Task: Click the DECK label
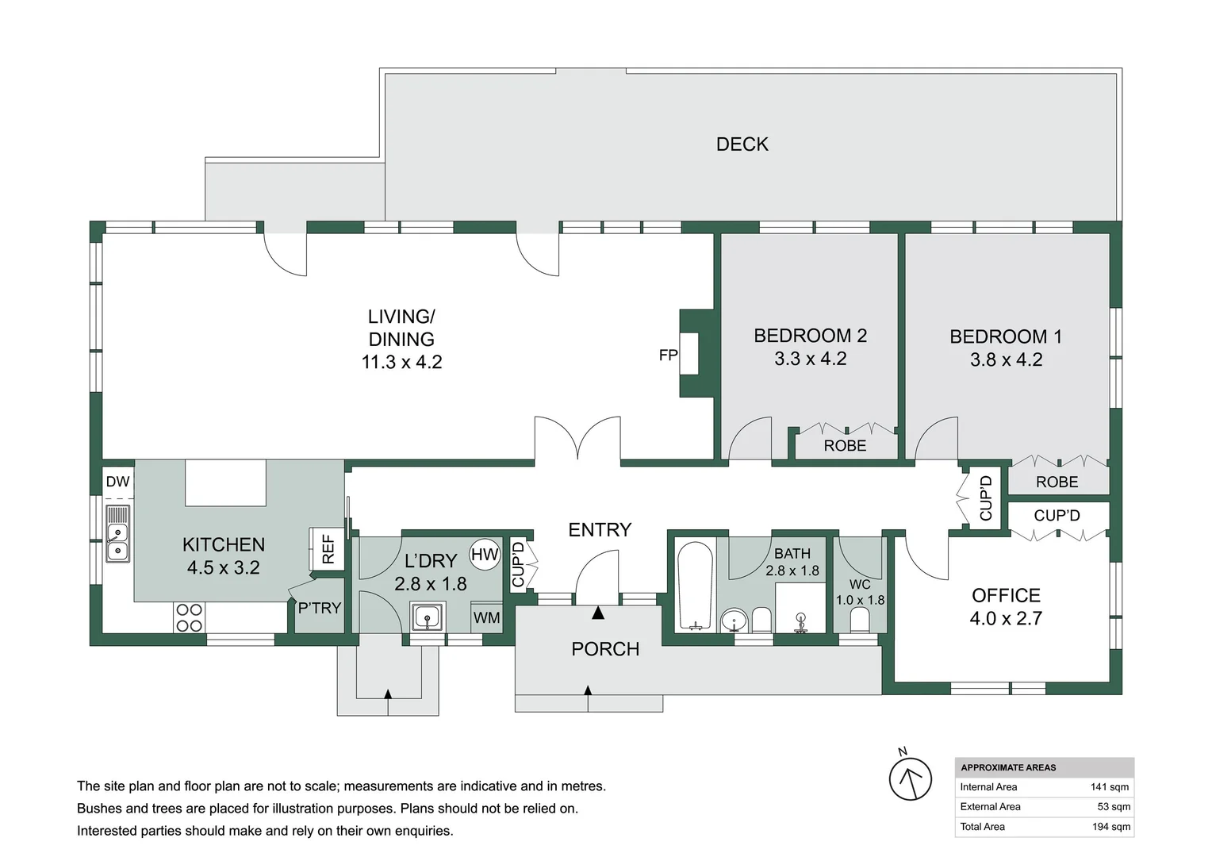tap(742, 144)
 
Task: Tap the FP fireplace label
tap(668, 355)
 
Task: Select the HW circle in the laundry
tap(485, 555)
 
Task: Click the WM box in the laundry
tap(486, 617)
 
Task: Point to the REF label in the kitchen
tap(328, 548)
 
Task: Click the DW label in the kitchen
tap(117, 482)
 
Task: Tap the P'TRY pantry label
tap(319, 609)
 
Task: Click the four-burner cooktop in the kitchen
tap(189, 617)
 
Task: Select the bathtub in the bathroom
tap(696, 586)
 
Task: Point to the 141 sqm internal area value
tap(1110, 787)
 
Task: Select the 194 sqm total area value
tap(1110, 827)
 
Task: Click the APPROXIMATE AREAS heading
tap(1008, 767)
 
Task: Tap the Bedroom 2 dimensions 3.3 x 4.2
tap(810, 359)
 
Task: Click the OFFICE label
tap(1006, 595)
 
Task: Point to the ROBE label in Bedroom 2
tap(845, 446)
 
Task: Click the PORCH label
tap(605, 649)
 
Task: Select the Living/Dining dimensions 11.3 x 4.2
tap(401, 363)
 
